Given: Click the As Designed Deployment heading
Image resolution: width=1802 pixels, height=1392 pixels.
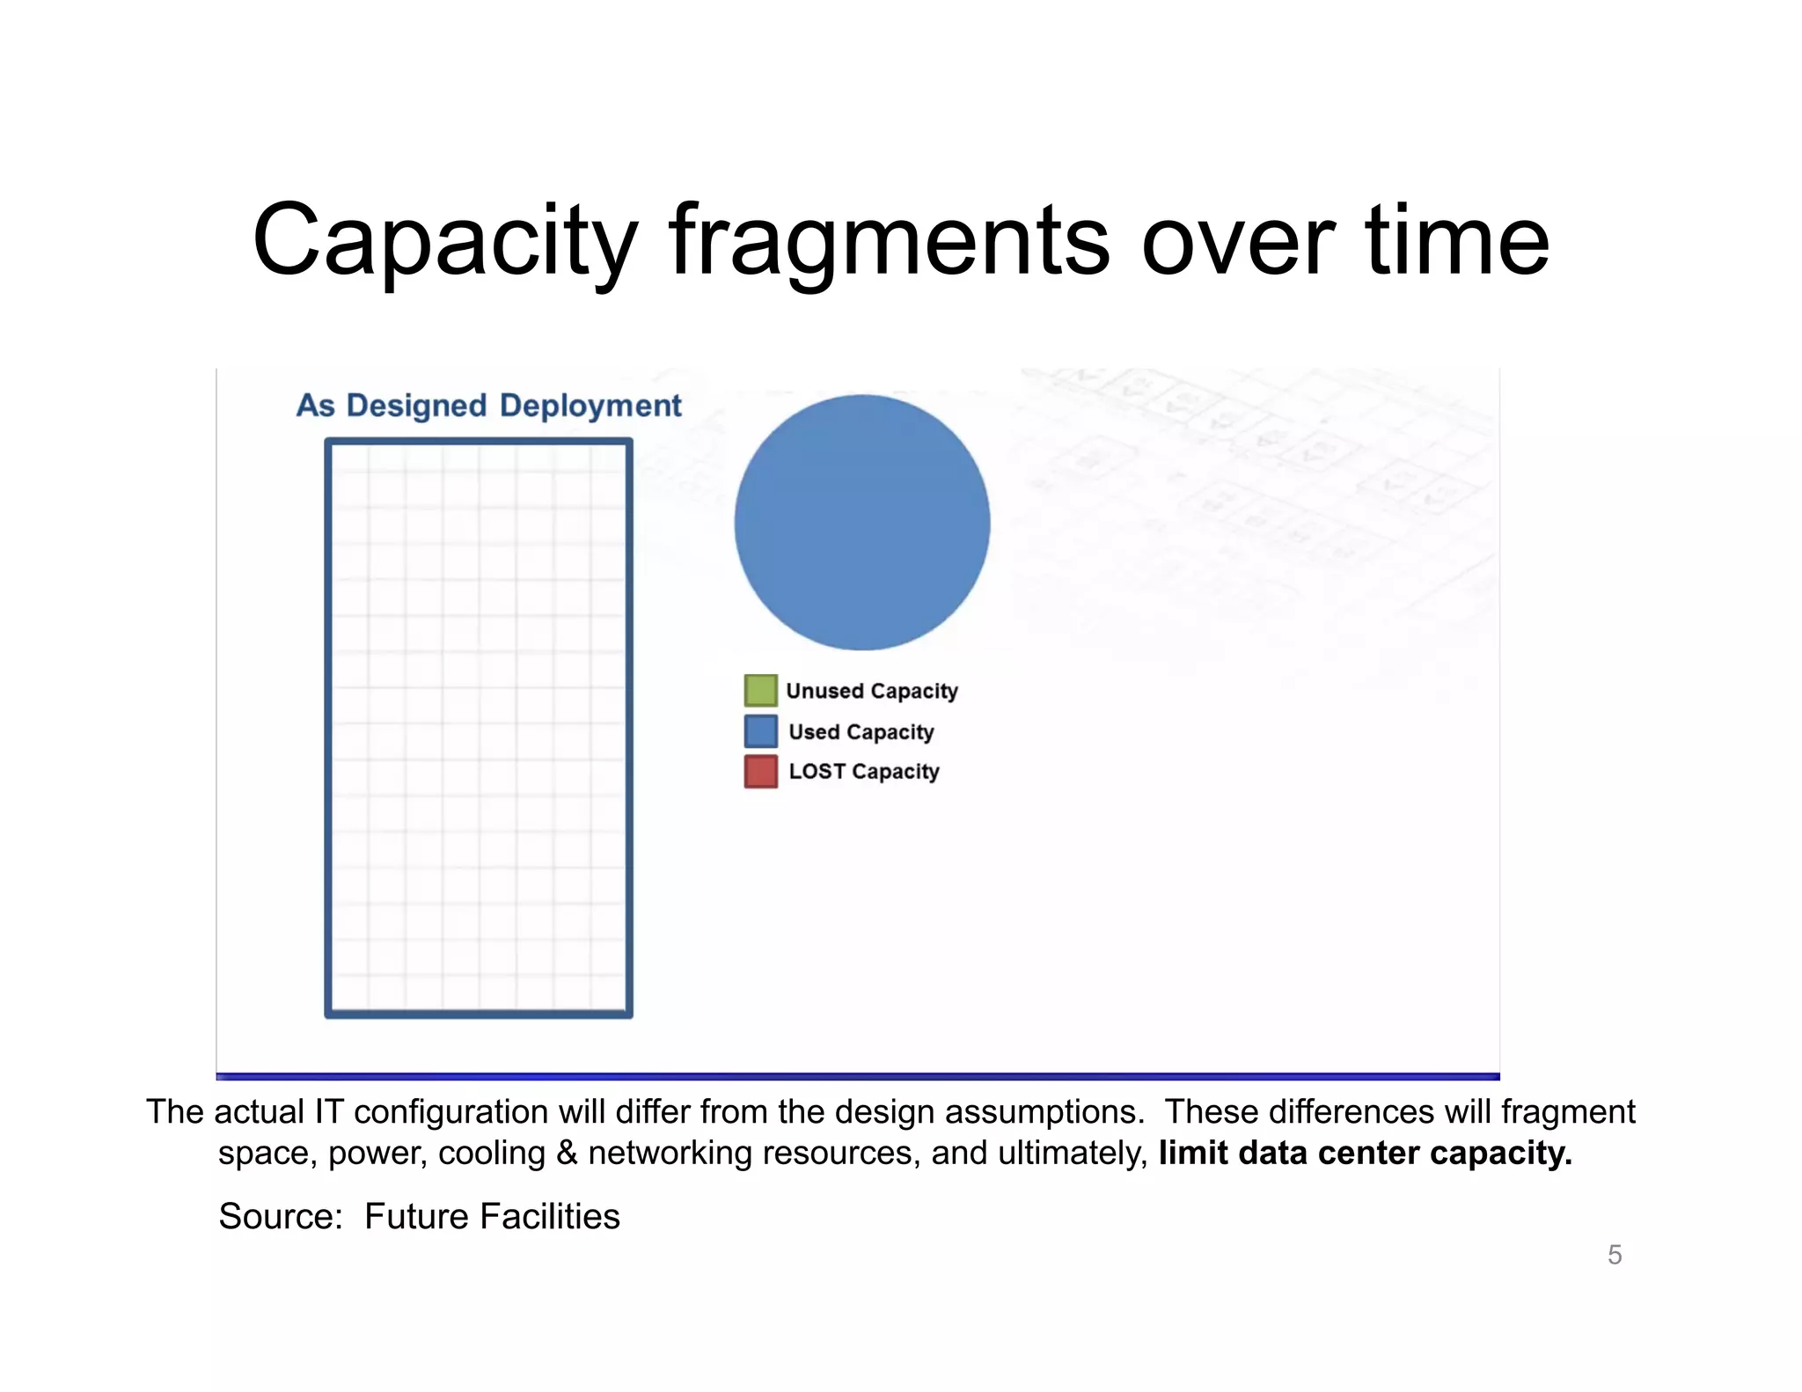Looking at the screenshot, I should [488, 406].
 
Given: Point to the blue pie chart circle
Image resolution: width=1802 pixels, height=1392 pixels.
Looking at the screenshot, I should [862, 523].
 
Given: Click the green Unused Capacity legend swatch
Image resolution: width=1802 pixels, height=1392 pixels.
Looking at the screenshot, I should [760, 691].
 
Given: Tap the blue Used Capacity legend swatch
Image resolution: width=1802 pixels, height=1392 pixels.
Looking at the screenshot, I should [760, 731].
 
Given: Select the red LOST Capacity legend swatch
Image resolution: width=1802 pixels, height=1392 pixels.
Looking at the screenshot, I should [760, 771].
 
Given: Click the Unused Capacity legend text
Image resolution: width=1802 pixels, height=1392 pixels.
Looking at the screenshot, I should [871, 692].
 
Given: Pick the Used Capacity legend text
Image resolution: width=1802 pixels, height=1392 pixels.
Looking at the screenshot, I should [861, 732].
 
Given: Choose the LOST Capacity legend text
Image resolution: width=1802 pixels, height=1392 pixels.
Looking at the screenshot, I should [863, 772].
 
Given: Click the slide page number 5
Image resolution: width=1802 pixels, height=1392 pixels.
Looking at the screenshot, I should [1615, 1255].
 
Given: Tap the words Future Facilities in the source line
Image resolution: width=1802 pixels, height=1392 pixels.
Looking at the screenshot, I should [492, 1217].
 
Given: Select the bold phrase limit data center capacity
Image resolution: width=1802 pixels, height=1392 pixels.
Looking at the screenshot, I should [1365, 1154].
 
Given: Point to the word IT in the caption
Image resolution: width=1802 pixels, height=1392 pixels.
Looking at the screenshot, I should [328, 1112].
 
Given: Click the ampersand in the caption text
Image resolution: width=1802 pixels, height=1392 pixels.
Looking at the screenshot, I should [567, 1154].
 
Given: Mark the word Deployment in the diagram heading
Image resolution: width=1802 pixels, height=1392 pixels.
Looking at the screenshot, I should [590, 407].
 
